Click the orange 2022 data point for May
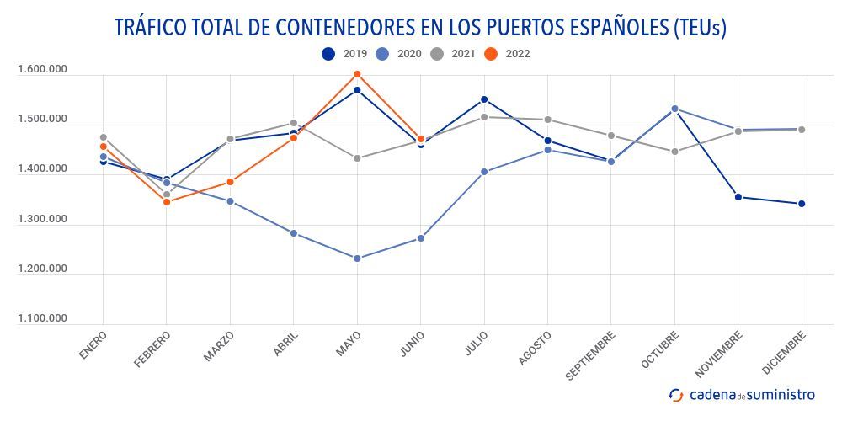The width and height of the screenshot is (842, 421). click(x=357, y=74)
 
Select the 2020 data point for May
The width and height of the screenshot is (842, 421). click(x=357, y=258)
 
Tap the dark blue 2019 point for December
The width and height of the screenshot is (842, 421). click(x=802, y=204)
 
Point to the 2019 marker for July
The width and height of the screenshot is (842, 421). click(x=484, y=99)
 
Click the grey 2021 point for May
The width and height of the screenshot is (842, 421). click(x=357, y=158)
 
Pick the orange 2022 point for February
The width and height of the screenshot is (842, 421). click(x=167, y=202)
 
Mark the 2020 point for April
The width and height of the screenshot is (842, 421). click(x=294, y=233)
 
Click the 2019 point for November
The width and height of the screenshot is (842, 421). click(x=738, y=197)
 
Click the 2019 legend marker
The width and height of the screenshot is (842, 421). click(x=328, y=54)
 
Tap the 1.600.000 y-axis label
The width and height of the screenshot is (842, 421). click(x=42, y=70)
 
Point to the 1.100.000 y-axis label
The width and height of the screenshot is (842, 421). click(x=42, y=318)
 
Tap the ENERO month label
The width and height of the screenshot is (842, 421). click(x=93, y=346)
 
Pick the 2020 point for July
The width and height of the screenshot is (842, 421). click(x=484, y=172)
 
